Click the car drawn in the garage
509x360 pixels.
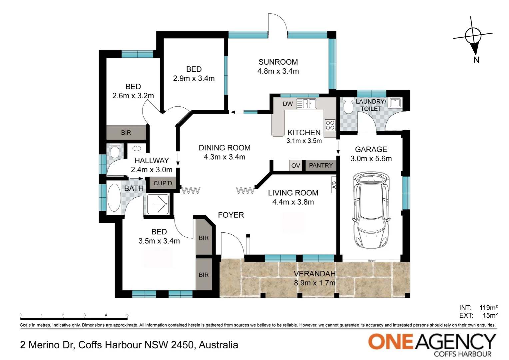pos(371,210)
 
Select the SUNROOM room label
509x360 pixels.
pos(278,62)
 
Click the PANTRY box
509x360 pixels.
pos(321,165)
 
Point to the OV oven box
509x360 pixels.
pos(295,165)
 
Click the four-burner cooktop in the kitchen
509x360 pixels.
pos(330,125)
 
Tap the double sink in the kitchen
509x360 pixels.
pos(306,104)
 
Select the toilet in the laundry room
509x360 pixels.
pos(348,105)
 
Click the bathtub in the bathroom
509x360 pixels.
pos(114,197)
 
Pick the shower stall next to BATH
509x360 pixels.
pos(158,204)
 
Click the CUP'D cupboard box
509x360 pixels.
pos(163,183)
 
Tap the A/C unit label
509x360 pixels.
pos(334,185)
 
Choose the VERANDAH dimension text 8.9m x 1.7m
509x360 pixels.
pos(314,283)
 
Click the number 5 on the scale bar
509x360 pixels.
pos(128,315)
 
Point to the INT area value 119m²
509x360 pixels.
pos(489,308)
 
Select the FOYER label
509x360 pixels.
pos(231,215)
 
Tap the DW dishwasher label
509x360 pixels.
pos(288,104)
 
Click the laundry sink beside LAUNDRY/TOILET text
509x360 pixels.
pos(396,103)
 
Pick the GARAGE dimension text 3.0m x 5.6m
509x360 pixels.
pos(371,159)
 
